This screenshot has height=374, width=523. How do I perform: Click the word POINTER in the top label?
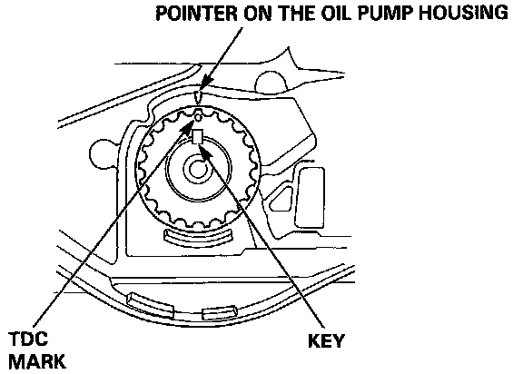(x=197, y=13)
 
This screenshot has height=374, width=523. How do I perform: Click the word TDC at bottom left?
(x=28, y=339)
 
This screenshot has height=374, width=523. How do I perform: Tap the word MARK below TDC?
(x=37, y=361)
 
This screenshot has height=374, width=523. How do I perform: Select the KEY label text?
(x=326, y=341)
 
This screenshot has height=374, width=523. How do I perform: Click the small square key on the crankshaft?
(x=198, y=137)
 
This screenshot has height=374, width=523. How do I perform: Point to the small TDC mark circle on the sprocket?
(x=199, y=117)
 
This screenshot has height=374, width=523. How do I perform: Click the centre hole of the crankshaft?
(x=197, y=169)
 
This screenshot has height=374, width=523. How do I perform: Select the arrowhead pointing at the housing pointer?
(x=206, y=84)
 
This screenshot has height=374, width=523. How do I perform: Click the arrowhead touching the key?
(x=206, y=151)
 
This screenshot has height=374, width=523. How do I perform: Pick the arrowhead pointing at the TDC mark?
(x=187, y=128)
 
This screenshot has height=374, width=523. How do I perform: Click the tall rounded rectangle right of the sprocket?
(x=310, y=198)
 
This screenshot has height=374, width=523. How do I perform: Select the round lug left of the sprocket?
(x=103, y=154)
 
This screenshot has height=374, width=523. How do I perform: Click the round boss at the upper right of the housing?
(x=271, y=82)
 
